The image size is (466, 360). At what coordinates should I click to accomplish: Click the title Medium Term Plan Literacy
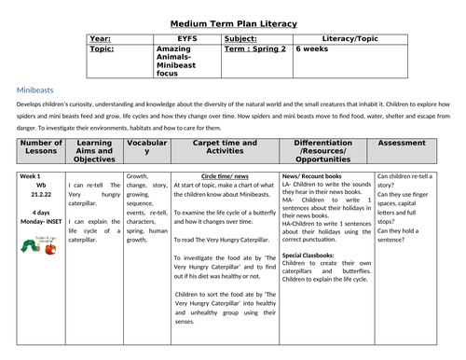pos(233,23)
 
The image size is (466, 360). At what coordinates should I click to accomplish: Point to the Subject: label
pos(245,39)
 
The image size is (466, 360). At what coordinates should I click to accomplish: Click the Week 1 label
pos(32,175)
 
